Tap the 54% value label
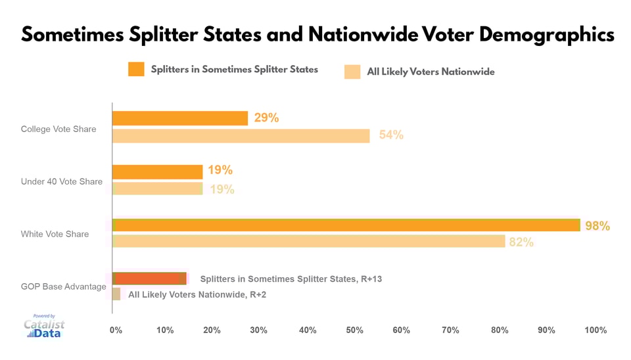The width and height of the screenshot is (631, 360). coord(391,135)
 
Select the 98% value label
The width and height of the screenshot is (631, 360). coord(597,226)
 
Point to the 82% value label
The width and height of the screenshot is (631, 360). coord(521,242)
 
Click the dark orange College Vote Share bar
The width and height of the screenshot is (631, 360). coord(179,118)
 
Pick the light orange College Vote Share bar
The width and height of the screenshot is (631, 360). coord(241,135)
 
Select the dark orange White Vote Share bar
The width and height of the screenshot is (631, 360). coord(346,225)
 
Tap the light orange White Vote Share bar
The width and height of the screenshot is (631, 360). coord(308,241)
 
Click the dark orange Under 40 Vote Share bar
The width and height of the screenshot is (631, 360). coord(157,171)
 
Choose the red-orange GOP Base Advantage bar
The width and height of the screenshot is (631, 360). coord(149,278)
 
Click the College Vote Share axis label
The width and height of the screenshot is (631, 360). coord(58,129)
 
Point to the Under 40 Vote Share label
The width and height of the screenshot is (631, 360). coord(62,181)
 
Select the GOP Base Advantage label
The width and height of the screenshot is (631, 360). coord(63,286)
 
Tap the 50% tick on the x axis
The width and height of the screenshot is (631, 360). coord(355,330)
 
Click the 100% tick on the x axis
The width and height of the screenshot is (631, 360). coord(595,330)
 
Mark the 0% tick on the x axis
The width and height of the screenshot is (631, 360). coord(116,330)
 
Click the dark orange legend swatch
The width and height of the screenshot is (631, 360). coord(136,69)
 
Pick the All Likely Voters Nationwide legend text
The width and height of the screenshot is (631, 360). coord(431,72)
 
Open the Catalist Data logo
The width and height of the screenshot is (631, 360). coord(45,326)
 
